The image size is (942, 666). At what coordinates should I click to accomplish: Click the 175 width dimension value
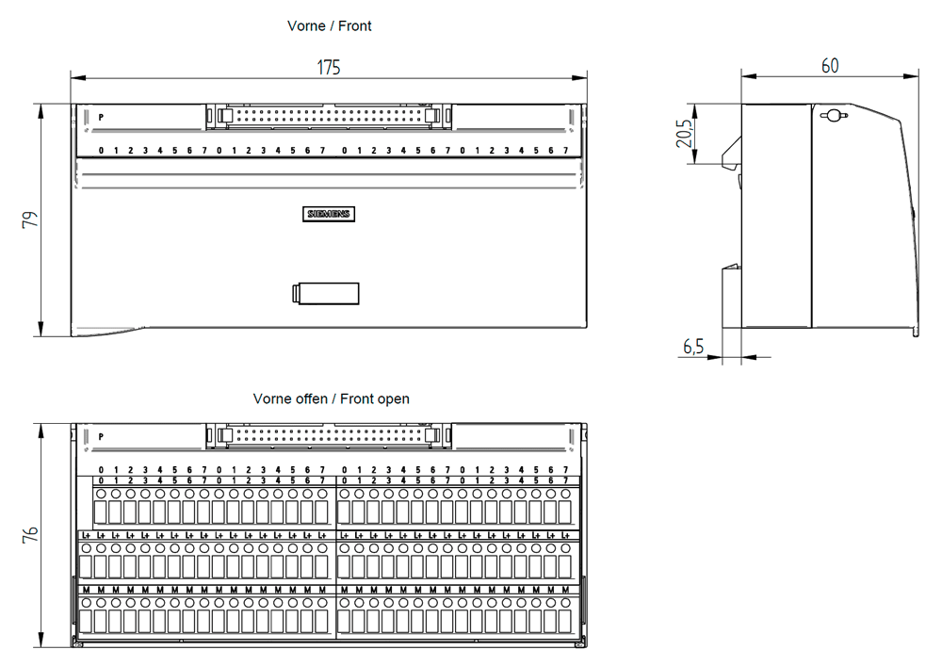(329, 67)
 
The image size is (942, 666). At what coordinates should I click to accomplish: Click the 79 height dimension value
(30, 219)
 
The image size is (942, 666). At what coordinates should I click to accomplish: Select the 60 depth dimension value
(830, 66)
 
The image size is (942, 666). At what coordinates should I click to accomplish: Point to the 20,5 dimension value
(685, 135)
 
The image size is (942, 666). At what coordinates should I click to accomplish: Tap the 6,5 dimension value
(693, 347)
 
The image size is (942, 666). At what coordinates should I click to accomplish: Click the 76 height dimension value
(30, 535)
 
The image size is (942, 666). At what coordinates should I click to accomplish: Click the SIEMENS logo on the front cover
(328, 214)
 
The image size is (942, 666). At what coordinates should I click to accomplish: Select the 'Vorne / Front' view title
(330, 26)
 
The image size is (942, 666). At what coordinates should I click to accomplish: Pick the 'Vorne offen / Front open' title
(331, 398)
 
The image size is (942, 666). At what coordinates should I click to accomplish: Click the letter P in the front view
(101, 117)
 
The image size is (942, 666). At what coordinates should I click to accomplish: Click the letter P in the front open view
(101, 437)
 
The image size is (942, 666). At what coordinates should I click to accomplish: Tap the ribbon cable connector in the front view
(328, 116)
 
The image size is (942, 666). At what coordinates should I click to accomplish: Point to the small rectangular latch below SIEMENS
(326, 293)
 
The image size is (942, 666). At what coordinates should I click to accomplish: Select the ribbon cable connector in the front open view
(328, 435)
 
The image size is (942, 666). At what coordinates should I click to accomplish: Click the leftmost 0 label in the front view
(101, 151)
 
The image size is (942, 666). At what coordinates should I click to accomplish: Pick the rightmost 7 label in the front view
(565, 151)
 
